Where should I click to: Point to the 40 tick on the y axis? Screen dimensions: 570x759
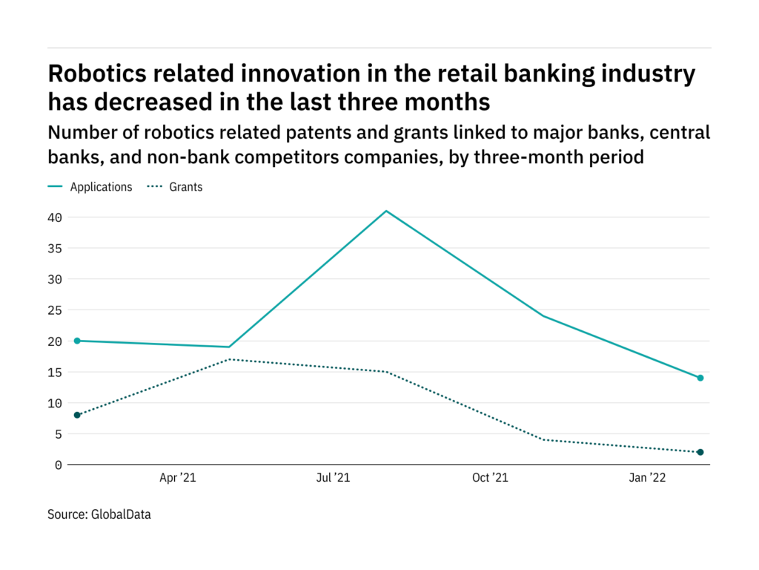55,217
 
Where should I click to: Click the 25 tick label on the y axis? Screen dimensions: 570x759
55,310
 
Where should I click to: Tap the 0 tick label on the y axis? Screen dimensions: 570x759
59,465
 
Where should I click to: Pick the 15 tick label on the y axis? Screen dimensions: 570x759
55,373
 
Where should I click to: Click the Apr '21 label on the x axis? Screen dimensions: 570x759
178,479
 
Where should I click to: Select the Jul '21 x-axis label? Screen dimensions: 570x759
333,479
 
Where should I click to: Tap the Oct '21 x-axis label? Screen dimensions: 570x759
490,479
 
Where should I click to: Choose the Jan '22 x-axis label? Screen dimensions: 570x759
648,479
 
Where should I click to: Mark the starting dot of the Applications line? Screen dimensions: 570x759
77,341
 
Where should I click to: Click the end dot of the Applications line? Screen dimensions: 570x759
700,378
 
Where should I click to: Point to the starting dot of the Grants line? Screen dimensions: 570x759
77,415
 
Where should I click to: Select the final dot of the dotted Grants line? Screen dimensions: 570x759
700,452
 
